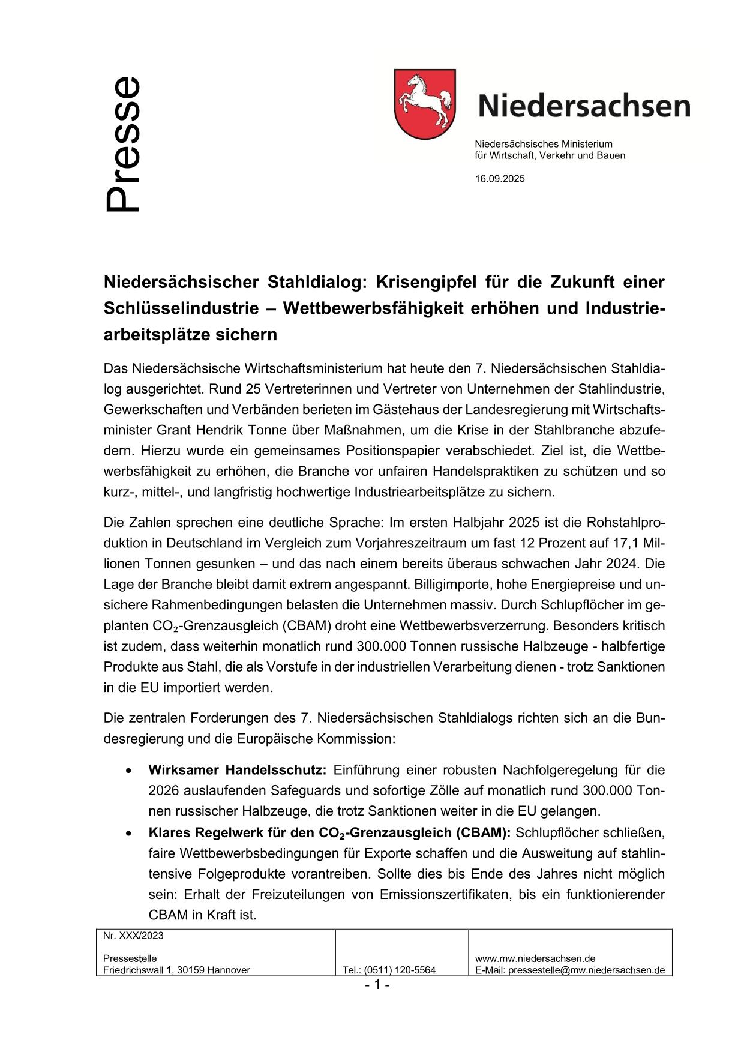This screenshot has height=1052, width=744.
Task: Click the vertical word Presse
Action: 123,144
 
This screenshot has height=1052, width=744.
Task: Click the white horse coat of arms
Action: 425,103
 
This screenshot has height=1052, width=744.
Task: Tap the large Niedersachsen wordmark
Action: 584,106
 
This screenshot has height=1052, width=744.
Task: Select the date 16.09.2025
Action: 500,179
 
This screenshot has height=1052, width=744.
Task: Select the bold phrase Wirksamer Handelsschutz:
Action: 237,770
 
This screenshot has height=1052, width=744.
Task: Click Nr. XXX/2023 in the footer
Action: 133,936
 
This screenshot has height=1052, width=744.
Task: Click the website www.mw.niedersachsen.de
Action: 535,958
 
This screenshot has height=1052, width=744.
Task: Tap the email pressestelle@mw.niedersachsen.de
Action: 586,970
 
